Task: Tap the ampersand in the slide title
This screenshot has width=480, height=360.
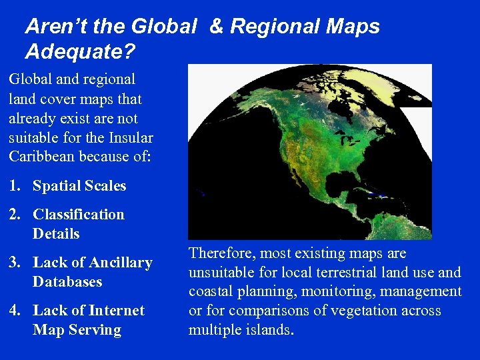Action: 217,27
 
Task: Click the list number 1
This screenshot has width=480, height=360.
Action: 13,187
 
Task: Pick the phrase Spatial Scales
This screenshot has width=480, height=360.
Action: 79,187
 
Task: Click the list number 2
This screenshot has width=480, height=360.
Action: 13,215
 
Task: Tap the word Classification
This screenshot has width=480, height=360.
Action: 79,215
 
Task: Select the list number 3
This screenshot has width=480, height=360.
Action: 13,263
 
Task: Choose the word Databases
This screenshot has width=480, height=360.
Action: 67,282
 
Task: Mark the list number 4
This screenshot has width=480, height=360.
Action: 13,311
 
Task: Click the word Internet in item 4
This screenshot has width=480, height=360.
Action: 116,311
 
